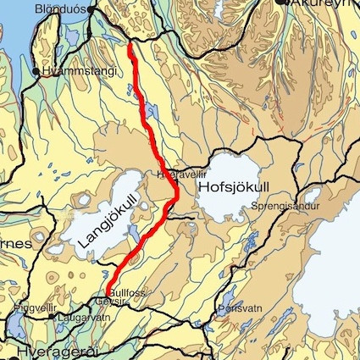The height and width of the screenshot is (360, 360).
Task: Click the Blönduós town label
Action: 60,8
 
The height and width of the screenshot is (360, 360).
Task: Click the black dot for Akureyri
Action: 282,3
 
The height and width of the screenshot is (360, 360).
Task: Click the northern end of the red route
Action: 130,44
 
